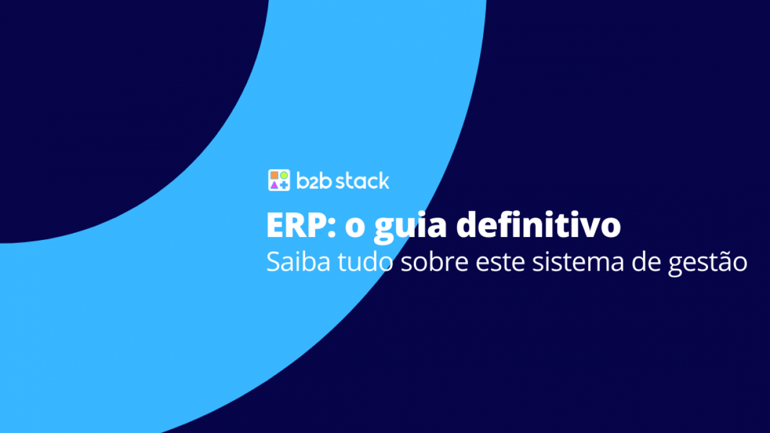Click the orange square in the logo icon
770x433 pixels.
tap(274, 176)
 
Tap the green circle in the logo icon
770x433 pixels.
tap(284, 176)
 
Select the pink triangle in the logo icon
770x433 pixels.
tap(274, 185)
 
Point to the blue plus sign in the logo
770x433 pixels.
tap(284, 185)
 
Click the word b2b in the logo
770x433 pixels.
tap(314, 180)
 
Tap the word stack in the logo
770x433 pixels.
tap(362, 180)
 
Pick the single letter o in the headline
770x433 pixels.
tap(355, 229)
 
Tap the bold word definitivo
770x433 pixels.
tap(538, 225)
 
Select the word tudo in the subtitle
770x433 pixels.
tap(365, 262)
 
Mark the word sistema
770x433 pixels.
tap(578, 262)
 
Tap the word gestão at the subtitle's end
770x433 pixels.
tap(708, 264)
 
